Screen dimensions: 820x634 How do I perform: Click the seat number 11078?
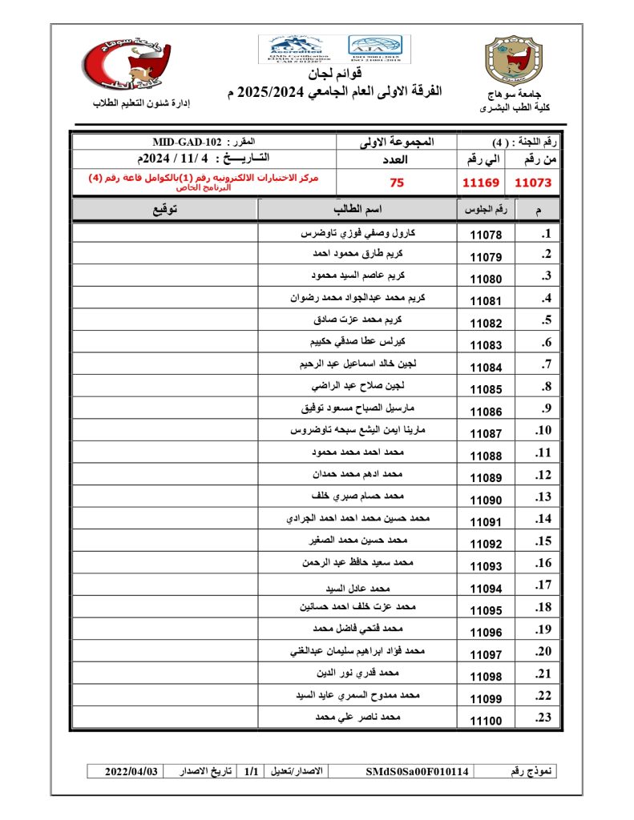pyautogui.click(x=486, y=236)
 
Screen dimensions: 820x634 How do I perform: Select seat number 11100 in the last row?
pyautogui.click(x=486, y=721)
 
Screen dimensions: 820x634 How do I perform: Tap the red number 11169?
pyautogui.click(x=481, y=183)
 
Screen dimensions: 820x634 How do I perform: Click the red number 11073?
pyautogui.click(x=534, y=183)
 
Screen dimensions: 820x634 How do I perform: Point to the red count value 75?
pyautogui.click(x=397, y=183)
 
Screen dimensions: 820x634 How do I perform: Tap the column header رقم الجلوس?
pyautogui.click(x=486, y=210)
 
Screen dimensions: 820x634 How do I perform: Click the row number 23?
pyautogui.click(x=544, y=718)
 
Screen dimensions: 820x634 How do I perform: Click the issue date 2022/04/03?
pyautogui.click(x=132, y=771)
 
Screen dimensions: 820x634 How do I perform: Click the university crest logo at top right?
pyautogui.click(x=514, y=62)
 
